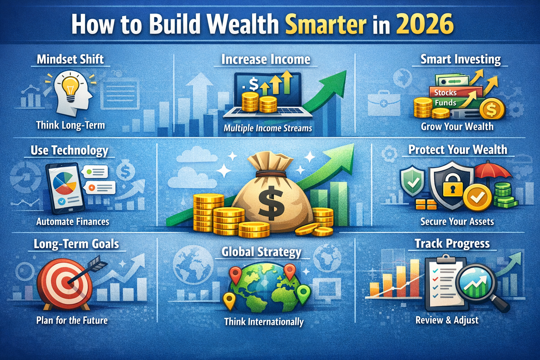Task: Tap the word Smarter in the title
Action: [326, 25]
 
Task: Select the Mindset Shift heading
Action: [70, 59]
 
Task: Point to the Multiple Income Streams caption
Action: [268, 128]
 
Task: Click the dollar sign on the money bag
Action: [271, 203]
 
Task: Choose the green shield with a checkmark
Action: [412, 181]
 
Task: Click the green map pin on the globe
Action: [303, 293]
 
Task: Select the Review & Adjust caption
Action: [446, 320]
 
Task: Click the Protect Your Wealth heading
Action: [457, 150]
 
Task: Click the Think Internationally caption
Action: [264, 322]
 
